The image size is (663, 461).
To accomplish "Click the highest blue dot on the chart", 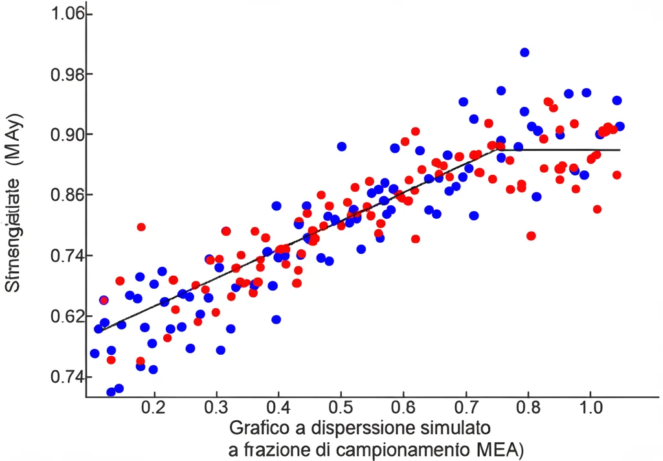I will coord(524,52).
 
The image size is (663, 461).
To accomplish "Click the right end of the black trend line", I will coord(620,150).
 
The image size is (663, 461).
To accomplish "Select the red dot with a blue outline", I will coord(104,300).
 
